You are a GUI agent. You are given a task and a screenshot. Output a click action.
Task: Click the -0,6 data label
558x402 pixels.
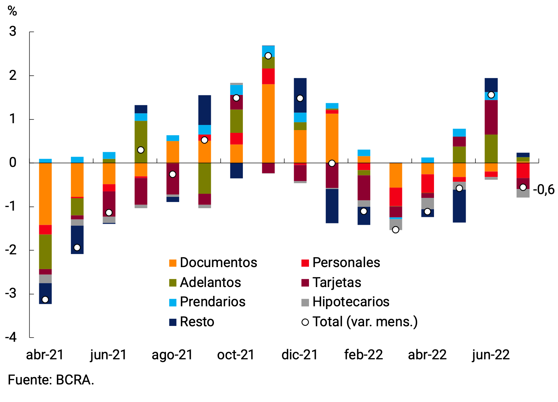pos(544,190)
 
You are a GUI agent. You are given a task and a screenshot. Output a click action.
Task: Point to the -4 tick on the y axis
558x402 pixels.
pos(11,337)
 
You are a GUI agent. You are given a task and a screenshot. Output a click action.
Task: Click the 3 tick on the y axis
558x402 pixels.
pos(13,32)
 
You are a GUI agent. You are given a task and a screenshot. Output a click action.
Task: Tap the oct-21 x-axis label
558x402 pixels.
pos(236,355)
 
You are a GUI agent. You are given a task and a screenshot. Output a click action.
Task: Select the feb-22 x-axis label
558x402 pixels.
pos(363,355)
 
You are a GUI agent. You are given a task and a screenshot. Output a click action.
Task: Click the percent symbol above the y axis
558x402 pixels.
pos(12,11)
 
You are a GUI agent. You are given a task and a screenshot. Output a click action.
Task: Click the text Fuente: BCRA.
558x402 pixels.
pos(51,380)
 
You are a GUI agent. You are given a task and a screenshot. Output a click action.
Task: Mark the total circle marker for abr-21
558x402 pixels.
pos(45,299)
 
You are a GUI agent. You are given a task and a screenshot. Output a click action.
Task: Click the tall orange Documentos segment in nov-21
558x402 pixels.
pos(268,123)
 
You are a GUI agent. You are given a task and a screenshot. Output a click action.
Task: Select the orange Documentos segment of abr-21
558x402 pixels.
pos(45,194)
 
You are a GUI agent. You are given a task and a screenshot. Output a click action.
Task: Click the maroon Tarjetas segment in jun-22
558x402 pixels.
pos(491,117)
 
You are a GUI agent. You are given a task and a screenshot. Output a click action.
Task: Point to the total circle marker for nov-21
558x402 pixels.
pos(268,56)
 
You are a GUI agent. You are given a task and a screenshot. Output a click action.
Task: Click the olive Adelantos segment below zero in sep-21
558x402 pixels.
pos(205,178)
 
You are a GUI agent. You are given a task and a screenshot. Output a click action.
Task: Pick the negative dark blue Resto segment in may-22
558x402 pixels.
pos(459,206)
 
